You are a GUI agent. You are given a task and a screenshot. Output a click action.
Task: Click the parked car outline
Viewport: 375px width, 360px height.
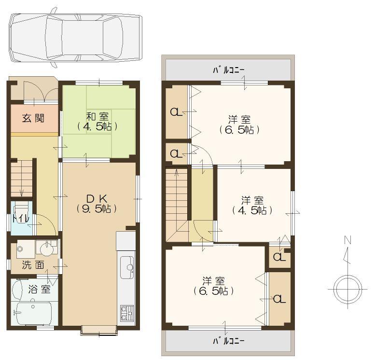coord(75,37)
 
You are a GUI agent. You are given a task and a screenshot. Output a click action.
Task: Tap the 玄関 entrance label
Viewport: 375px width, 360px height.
coord(34,118)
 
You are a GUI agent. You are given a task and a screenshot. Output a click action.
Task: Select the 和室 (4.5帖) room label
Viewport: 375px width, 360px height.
coord(98,121)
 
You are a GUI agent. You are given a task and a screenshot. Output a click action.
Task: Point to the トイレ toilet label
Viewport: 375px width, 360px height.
coord(20,219)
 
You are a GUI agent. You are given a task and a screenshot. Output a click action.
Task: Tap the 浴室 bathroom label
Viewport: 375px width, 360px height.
coord(39,289)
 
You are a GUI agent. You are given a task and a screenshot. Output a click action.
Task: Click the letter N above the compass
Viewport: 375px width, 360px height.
coord(347,240)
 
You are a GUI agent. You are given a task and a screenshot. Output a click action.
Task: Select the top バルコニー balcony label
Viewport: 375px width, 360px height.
coord(229,70)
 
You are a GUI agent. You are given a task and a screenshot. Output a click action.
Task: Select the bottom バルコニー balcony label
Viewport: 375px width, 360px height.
coord(229,341)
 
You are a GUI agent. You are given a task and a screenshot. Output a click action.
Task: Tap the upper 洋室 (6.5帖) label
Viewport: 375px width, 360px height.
coord(239,125)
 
